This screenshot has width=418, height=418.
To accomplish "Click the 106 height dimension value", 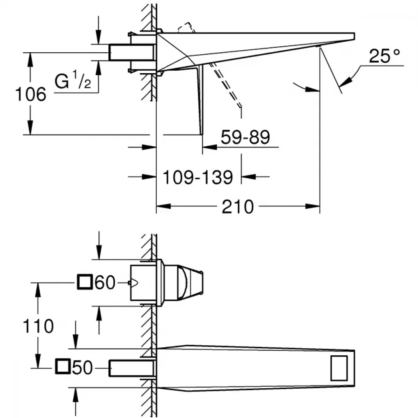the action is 31,94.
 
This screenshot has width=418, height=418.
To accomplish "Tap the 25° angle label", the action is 384,56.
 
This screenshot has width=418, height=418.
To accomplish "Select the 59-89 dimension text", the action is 245,137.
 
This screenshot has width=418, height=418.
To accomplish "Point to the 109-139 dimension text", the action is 198,177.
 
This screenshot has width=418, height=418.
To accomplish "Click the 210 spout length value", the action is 237,207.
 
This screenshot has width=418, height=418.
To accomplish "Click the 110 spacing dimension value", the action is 38,326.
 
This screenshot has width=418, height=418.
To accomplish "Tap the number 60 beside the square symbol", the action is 105,282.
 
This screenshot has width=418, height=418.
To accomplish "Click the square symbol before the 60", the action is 85,282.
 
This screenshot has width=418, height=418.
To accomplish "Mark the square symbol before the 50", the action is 63,366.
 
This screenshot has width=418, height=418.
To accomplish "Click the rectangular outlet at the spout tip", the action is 339,368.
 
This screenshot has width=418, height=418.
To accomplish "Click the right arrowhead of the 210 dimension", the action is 312,206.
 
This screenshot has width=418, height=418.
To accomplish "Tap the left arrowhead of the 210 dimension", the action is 163,206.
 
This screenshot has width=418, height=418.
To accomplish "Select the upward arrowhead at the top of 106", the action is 31,60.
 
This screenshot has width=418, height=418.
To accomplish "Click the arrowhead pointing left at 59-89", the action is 209,147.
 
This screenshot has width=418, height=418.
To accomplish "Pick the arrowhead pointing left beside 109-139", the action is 248,176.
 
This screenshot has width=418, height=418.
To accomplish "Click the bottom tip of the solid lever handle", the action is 201,134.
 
